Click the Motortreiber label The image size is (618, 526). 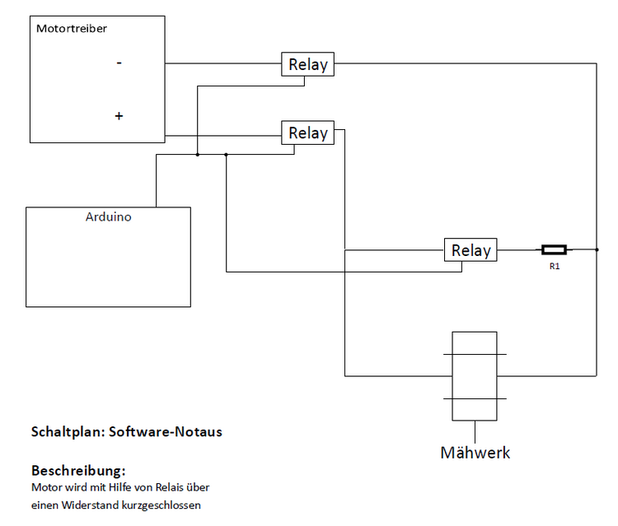[x=72, y=29]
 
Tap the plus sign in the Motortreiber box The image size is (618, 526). [x=119, y=117]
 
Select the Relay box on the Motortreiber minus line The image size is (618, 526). [x=308, y=64]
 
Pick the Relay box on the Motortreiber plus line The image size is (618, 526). [x=308, y=133]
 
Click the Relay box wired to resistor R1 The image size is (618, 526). [x=471, y=250]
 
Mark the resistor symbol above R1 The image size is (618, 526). [x=554, y=249]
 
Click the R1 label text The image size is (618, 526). [x=555, y=267]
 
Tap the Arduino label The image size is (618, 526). [x=108, y=218]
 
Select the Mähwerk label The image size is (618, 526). [x=475, y=453]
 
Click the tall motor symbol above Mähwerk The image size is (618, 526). [x=475, y=375]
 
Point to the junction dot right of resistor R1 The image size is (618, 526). [x=596, y=249]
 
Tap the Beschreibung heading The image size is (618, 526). [x=78, y=472]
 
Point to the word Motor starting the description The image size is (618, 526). [x=46, y=488]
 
